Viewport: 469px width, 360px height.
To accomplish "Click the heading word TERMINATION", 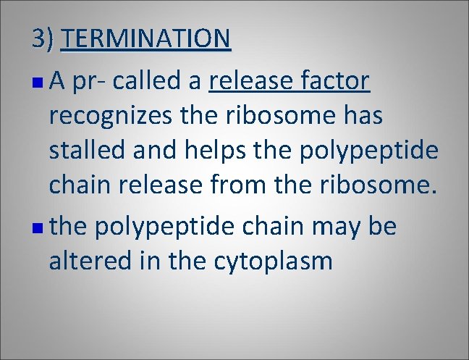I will pyautogui.click(x=146, y=38).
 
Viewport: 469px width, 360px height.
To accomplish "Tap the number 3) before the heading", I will pyautogui.click(x=43, y=38).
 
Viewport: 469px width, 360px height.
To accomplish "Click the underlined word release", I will pyautogui.click(x=248, y=82).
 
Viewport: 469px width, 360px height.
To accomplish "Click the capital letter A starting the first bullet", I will pyautogui.click(x=59, y=82).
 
